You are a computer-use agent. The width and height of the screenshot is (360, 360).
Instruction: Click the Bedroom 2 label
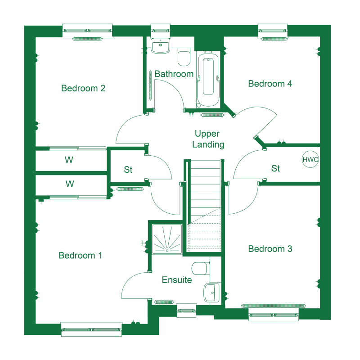[83, 88]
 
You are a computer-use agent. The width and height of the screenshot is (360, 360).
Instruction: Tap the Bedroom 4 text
[270, 84]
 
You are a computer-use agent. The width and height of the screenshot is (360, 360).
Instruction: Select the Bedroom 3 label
[270, 249]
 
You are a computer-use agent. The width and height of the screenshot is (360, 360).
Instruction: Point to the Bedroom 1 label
[80, 256]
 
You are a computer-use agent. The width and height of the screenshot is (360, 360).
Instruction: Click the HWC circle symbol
[310, 159]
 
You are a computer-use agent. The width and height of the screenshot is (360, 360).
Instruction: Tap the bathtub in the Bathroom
[208, 79]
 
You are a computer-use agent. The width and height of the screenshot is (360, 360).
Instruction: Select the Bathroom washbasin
[160, 45]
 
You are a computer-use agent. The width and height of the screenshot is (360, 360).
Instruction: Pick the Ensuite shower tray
[167, 239]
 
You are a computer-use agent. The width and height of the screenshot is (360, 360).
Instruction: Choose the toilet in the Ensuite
[201, 268]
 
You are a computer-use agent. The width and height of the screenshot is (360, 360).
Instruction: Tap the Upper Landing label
[208, 139]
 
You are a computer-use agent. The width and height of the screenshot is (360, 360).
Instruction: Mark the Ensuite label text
[177, 280]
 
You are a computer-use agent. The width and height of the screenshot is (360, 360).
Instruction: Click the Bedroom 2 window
[87, 31]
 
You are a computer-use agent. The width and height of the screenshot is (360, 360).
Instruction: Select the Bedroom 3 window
[274, 315]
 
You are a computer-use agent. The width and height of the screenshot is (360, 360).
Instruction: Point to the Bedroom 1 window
[91, 329]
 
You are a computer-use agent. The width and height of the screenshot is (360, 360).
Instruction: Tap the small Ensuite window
[186, 310]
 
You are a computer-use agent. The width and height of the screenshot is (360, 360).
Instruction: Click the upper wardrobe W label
[69, 160]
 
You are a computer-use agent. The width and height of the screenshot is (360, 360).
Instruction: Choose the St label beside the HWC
[275, 168]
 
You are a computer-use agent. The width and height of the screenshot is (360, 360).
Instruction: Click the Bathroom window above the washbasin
[161, 31]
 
